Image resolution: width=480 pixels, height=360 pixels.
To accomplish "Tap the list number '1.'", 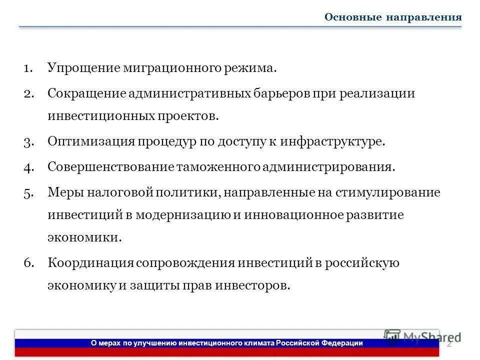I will (x=28, y=67).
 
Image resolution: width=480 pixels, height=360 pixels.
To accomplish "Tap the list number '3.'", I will (x=28, y=141).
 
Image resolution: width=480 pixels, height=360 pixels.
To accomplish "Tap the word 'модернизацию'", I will (x=181, y=214).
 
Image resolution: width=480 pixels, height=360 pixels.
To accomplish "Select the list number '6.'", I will (x=28, y=263).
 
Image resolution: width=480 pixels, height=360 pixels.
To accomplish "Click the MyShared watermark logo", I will (x=422, y=337).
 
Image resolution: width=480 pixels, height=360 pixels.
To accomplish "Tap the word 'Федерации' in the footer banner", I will (x=342, y=343).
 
